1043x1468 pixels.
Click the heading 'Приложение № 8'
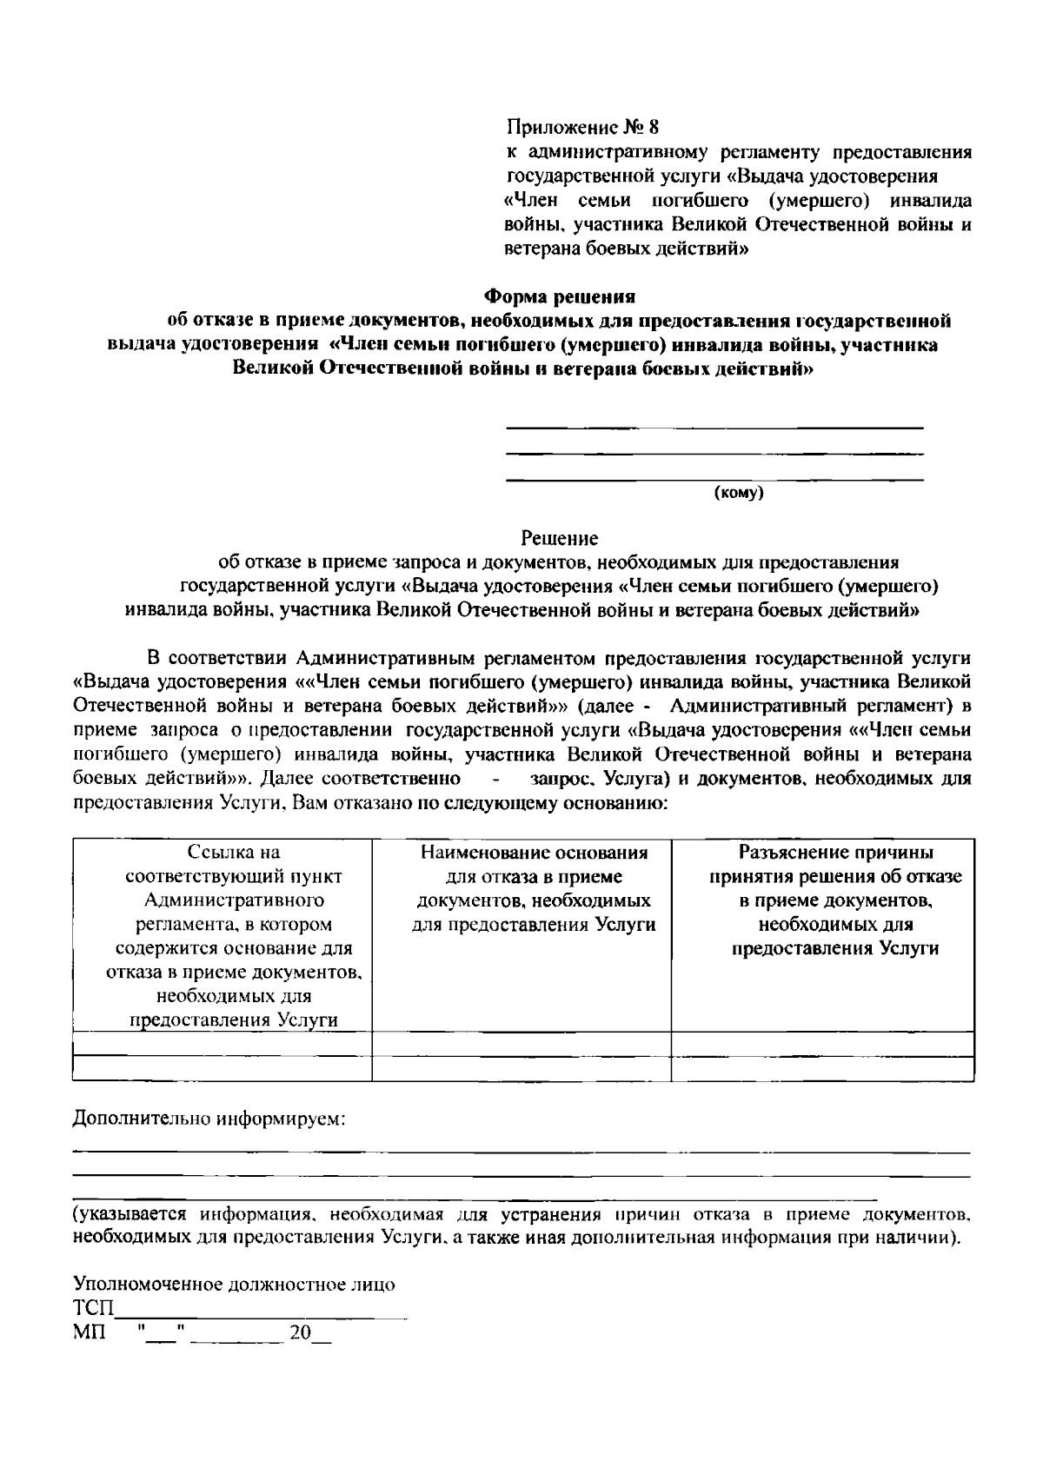pos(577,128)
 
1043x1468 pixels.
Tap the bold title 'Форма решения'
pos(559,296)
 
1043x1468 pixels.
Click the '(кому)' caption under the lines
pos(738,494)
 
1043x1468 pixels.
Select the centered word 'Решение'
pos(559,538)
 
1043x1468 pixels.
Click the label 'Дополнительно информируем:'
pos(209,1118)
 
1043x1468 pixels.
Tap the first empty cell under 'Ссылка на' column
pos(223,1044)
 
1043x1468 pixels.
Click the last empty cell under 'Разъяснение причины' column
pos(821,1068)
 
